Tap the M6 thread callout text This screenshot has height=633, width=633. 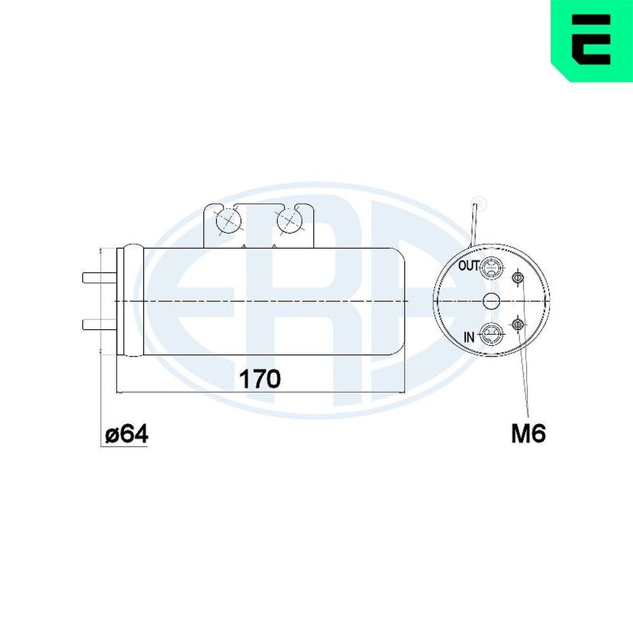click(x=529, y=434)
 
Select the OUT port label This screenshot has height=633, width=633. click(x=468, y=266)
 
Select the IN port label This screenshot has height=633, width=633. click(x=468, y=337)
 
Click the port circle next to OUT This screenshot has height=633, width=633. click(x=491, y=269)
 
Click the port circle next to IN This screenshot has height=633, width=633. click(x=491, y=334)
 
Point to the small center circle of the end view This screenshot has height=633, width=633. click(x=491, y=301)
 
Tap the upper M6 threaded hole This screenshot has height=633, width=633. click(x=518, y=277)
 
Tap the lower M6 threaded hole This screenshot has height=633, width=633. click(x=518, y=325)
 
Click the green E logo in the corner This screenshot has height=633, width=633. click(x=592, y=39)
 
